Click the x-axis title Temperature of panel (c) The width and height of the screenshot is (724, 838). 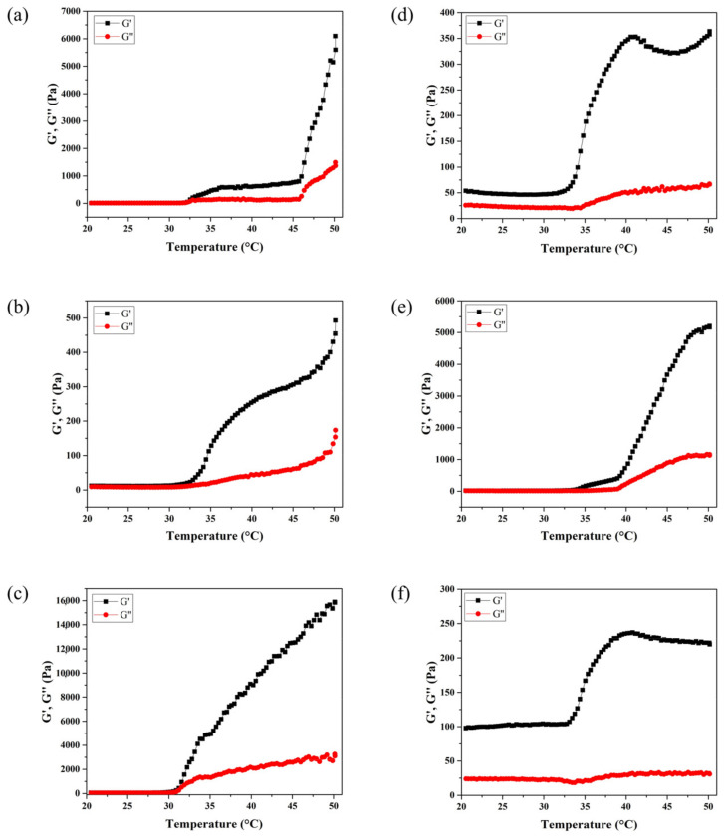tap(211, 826)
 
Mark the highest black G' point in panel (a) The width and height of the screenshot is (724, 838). tap(335, 36)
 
